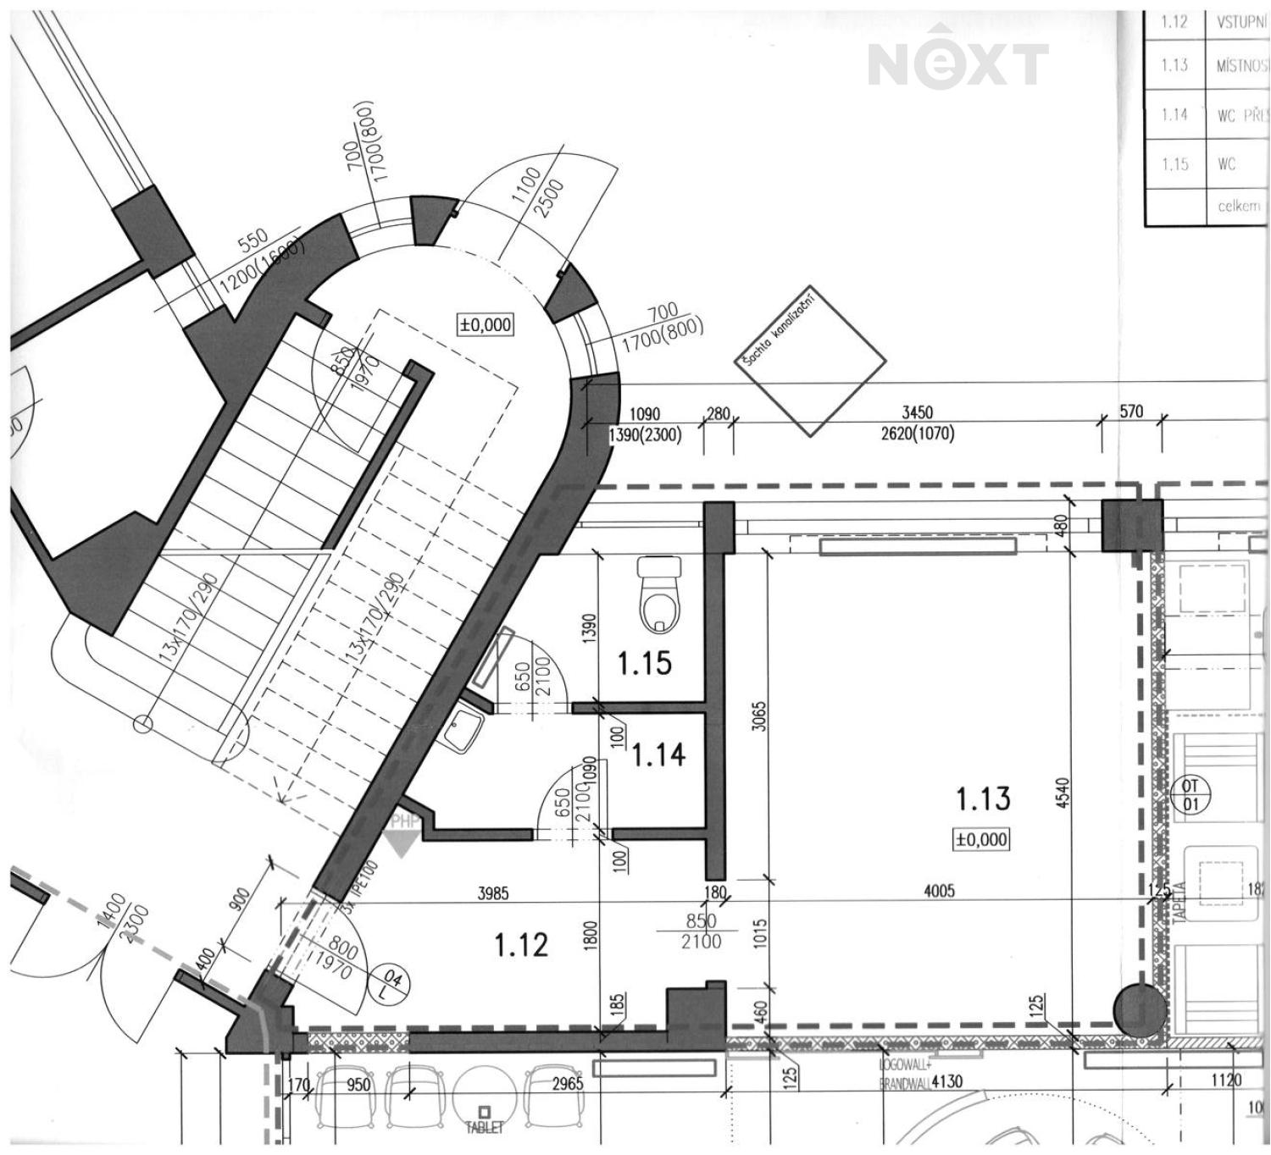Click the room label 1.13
click(983, 798)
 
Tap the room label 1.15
click(645, 663)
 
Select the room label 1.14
click(658, 754)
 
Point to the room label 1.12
click(521, 945)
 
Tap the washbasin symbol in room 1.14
click(463, 731)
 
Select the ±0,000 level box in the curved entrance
click(486, 324)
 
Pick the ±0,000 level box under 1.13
click(981, 840)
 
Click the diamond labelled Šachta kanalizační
click(810, 361)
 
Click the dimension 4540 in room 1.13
click(1064, 793)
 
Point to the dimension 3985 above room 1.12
click(493, 892)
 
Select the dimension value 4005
click(939, 891)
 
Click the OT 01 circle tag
click(1191, 795)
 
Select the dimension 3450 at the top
click(917, 412)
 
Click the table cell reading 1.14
click(1174, 114)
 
